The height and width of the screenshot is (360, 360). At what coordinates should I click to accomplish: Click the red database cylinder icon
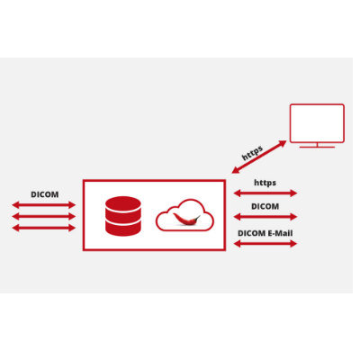[123, 216]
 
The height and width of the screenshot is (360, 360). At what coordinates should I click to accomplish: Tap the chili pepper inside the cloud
[186, 220]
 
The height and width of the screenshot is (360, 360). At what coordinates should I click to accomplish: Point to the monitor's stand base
[317, 147]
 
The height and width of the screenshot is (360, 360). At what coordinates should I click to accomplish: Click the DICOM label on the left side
[45, 194]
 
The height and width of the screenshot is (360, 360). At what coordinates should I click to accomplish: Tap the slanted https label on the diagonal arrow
[252, 152]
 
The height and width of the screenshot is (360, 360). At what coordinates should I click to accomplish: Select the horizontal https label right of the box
[265, 183]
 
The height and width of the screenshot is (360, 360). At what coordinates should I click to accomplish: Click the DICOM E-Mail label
[265, 233]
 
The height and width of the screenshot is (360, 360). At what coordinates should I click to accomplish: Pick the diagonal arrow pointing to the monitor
[259, 157]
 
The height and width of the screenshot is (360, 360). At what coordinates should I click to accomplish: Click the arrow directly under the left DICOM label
[44, 205]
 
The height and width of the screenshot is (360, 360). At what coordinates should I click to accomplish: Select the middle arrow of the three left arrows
[44, 216]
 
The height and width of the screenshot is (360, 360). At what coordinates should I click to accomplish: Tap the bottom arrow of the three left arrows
[44, 228]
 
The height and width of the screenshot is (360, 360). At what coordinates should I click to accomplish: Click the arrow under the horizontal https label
[265, 193]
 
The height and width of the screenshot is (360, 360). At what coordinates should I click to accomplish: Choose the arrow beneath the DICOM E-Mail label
[265, 244]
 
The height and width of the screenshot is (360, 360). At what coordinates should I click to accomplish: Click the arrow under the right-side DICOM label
[265, 217]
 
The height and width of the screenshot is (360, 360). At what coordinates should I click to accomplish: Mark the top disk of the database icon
[123, 204]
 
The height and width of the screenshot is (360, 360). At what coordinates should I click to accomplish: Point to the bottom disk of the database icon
[123, 229]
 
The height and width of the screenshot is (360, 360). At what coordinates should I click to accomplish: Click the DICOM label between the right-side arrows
[265, 206]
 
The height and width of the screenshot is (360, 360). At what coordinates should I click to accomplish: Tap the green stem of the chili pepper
[197, 217]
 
